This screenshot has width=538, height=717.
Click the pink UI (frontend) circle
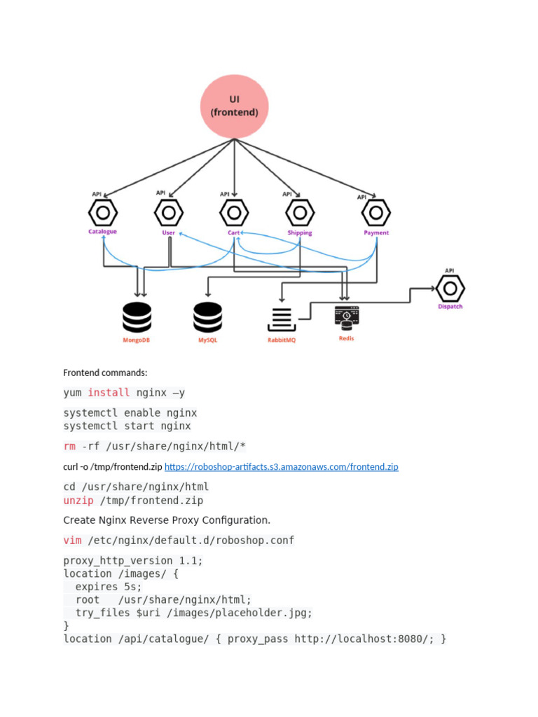tap(234, 106)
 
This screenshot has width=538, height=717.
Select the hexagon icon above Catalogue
tap(102, 212)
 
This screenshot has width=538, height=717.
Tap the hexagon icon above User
tap(169, 212)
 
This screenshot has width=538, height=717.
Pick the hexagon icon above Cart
tap(234, 212)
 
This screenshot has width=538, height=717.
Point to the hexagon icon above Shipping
tap(300, 212)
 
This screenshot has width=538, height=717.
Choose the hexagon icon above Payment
tap(376, 212)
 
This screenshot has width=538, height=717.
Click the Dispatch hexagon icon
tap(450, 287)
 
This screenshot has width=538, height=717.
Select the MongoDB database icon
tap(137, 317)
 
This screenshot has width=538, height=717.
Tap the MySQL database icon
tap(207, 317)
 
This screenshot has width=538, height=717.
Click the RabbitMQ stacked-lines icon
tap(282, 319)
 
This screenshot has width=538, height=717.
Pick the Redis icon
tap(346, 318)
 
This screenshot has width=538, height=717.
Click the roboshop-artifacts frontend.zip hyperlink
tap(281, 466)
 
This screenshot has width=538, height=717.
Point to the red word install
tap(109, 393)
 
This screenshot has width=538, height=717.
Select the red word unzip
tap(78, 501)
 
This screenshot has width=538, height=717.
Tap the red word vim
tap(72, 541)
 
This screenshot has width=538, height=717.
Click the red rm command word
tap(69, 447)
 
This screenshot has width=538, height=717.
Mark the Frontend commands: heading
tap(105, 373)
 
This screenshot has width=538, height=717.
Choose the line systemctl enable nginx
tap(130, 413)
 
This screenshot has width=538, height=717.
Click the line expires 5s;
tap(109, 587)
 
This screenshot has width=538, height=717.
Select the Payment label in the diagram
tap(376, 232)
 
